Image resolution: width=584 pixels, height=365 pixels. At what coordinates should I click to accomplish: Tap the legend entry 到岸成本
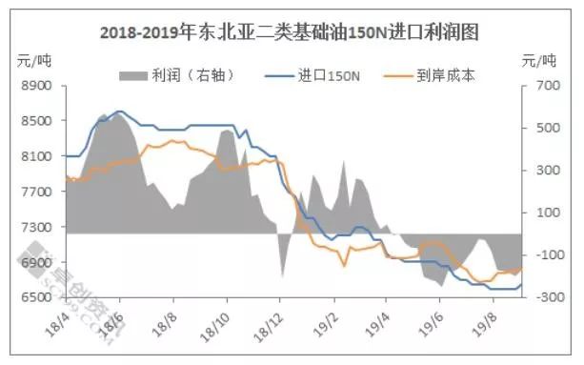[x=443, y=74]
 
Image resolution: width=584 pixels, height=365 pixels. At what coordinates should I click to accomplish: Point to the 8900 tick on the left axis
[x=36, y=86]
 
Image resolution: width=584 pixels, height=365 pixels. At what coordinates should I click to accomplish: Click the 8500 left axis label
[x=36, y=121]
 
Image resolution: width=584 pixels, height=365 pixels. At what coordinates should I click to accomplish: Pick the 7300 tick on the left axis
[x=36, y=227]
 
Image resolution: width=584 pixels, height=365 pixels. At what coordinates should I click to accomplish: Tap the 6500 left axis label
[x=36, y=297]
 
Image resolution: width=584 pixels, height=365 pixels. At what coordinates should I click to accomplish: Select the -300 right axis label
[x=546, y=297]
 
